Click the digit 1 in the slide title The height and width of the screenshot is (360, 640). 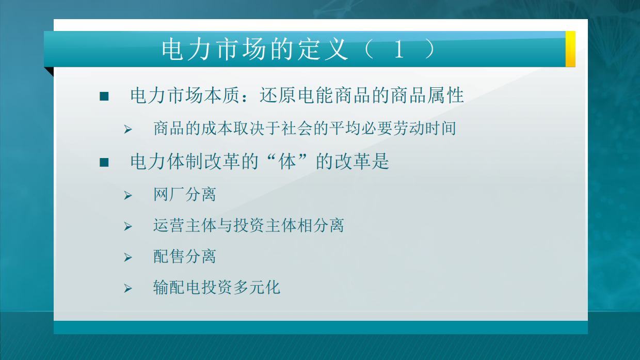(398, 50)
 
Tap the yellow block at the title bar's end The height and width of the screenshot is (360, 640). (570, 49)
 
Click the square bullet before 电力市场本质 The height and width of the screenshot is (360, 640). (104, 96)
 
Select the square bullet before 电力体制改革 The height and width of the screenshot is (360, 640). (104, 162)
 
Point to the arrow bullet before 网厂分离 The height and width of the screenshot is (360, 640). (128, 196)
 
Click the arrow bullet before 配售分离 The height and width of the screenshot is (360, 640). (128, 257)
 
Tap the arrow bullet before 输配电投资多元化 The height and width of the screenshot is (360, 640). (128, 288)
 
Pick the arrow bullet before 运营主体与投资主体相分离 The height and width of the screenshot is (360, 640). (128, 226)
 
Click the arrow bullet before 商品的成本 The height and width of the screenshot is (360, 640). (128, 129)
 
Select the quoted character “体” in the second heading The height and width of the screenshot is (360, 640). (287, 162)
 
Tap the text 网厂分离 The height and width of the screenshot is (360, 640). (184, 195)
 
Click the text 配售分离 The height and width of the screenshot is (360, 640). (184, 257)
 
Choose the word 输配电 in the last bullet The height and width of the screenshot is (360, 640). (177, 288)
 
